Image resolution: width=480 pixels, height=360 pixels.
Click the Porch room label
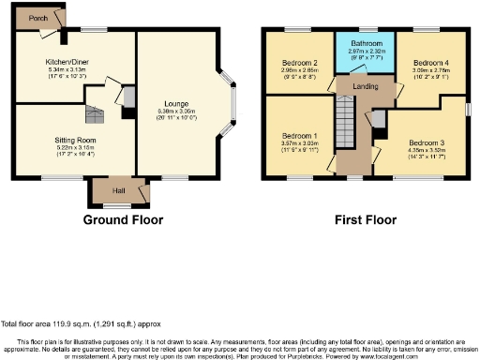coord(39,18)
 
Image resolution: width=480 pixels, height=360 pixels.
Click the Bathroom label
coord(367,44)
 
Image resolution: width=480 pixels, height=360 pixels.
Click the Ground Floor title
coord(123,220)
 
